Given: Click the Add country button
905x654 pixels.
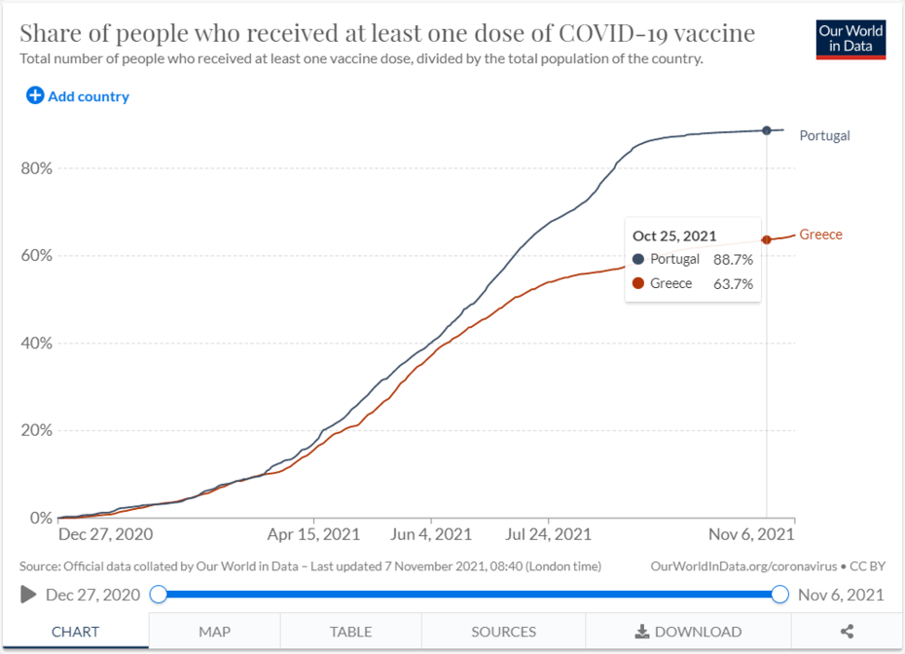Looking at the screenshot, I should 78,96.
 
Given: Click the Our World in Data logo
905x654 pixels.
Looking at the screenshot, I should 851,38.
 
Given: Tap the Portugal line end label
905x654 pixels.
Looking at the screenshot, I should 824,135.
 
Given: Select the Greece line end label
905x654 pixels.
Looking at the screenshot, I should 820,235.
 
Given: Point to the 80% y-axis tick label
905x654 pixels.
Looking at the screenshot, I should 36,168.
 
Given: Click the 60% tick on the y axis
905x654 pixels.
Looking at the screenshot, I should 36,256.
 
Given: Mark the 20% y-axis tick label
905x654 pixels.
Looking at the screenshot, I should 36,430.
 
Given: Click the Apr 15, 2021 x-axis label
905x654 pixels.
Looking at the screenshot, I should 314,534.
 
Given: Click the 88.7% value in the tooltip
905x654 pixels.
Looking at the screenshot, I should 733,260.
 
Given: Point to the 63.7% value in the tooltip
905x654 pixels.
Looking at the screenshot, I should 733,284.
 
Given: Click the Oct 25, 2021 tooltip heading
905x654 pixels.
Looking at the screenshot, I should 674,236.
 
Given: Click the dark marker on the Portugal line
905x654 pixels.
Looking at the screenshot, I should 767,130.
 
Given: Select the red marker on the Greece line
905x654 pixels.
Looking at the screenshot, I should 767,239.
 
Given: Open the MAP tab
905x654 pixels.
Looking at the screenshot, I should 214,632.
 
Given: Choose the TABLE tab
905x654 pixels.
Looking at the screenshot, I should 350,632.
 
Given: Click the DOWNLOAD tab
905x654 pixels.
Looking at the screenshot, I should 688,632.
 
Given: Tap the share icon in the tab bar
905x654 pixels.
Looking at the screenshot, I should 848,632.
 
